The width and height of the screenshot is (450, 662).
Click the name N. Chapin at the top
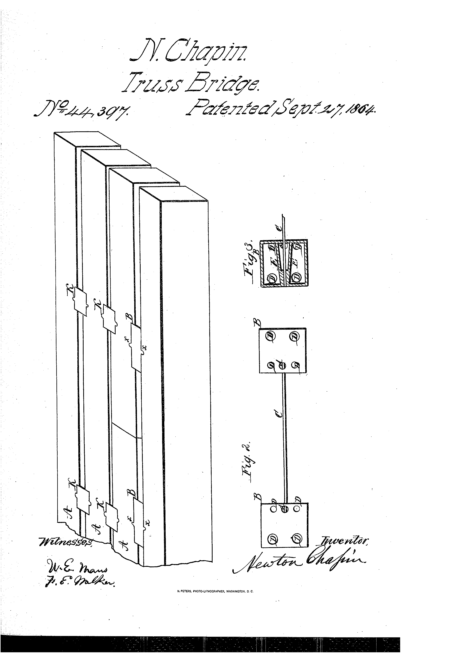(x=189, y=49)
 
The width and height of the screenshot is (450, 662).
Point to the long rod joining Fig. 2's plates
(x=285, y=436)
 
